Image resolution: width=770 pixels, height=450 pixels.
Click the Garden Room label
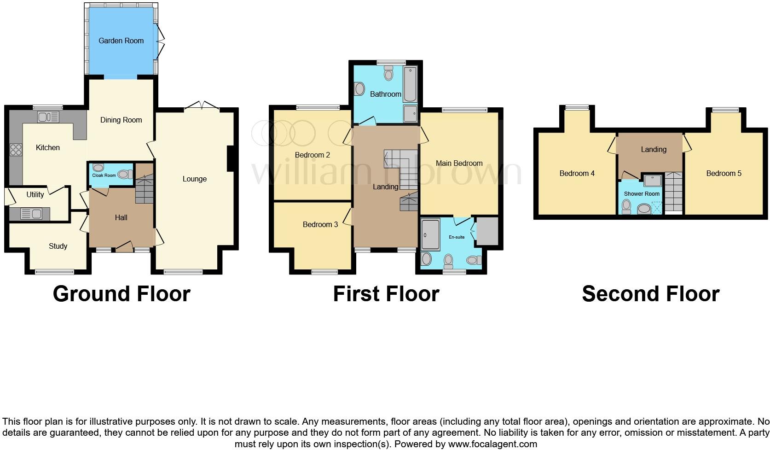121,41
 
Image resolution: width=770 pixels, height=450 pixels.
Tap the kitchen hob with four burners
16,150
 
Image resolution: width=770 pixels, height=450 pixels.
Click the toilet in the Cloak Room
124,174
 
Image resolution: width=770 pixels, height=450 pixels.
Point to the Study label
58,246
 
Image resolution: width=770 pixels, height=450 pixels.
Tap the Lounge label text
194,179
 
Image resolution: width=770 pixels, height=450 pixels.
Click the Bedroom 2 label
312,155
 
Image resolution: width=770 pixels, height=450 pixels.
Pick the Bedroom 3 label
320,224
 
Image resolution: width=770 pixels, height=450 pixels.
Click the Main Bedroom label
459,163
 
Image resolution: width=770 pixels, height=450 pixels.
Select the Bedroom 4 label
577,173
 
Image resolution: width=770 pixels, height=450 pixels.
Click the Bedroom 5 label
724,173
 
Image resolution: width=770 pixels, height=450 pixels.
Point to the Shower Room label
642,193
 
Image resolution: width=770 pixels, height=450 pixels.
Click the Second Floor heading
650,294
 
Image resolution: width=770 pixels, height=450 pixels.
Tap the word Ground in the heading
89,294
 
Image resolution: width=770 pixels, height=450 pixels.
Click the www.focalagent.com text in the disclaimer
492,444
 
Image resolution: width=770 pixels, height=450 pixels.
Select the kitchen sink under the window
48,117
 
